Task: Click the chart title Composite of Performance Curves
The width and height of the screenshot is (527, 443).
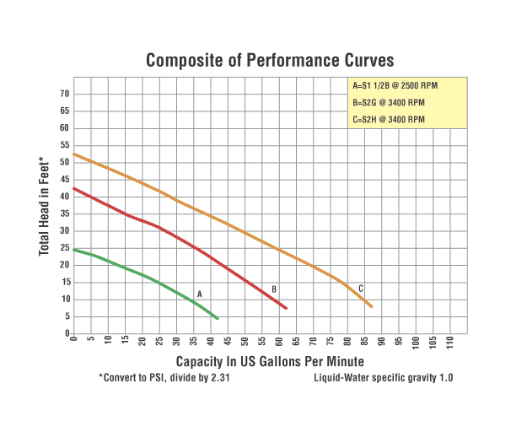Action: pos(269,61)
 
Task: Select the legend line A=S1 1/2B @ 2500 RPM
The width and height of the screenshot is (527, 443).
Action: pos(395,86)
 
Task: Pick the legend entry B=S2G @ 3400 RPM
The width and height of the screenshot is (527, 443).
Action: pos(389,103)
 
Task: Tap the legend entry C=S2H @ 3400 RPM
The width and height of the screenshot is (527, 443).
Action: pos(389,119)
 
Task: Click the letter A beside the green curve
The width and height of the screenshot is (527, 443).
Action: pos(200,294)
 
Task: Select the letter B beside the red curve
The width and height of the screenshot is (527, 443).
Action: pos(274,289)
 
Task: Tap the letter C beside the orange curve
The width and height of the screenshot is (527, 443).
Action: pos(361,289)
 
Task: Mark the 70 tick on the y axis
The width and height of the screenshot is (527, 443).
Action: pos(63,94)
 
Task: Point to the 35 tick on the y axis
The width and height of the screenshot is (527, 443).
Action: pos(63,213)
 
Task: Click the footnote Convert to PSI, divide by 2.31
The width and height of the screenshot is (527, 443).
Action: pos(164,378)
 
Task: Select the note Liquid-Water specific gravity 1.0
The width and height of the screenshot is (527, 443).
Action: pos(383,378)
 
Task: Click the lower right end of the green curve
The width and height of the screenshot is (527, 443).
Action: pos(218,318)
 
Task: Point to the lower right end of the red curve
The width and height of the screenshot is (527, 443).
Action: pos(286,308)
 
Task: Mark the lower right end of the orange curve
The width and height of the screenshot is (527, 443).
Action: pos(371,306)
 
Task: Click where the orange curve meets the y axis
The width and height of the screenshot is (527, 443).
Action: pos(74,154)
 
